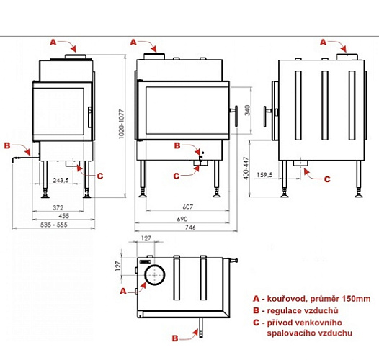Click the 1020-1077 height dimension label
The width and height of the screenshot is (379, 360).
tap(121, 124)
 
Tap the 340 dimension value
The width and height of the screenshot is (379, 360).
tap(248, 110)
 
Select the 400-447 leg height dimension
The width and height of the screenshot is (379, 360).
tap(246, 168)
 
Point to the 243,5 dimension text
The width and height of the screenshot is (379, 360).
tap(61, 180)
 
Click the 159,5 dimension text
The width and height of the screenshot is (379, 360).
tap(264, 175)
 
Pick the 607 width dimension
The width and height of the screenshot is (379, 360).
tap(188, 207)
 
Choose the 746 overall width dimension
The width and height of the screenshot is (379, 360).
tap(190, 227)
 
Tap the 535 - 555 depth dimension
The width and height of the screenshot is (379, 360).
tap(54, 225)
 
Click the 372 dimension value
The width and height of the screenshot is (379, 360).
tap(58, 207)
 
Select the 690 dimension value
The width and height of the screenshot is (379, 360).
tap(182, 219)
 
